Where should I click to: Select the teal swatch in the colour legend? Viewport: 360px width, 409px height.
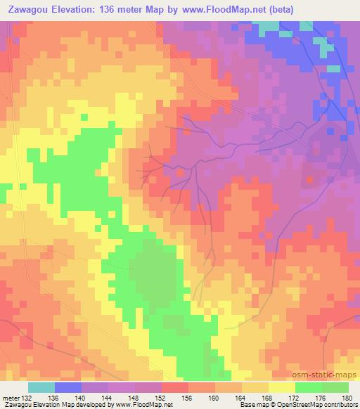[41, 387]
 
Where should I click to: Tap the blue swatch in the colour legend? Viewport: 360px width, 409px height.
[68, 387]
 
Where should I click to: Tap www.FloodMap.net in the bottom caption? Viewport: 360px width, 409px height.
[141, 405]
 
